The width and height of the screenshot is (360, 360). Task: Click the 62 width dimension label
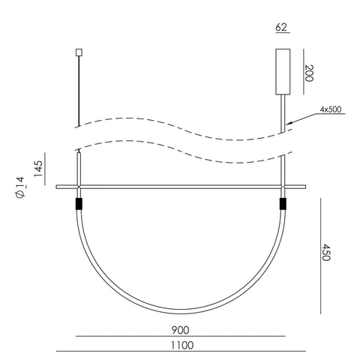[x=281, y=27]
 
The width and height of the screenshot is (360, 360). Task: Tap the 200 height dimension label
[x=309, y=73]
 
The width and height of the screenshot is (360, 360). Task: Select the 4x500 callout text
[x=331, y=109]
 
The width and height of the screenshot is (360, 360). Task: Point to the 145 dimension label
[x=38, y=169]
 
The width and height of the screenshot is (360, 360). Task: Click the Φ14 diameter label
[x=20, y=187]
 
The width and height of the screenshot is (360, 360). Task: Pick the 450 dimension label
[x=325, y=252]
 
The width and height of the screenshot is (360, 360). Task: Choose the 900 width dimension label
[x=180, y=330]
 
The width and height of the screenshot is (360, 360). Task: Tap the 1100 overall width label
[x=182, y=345]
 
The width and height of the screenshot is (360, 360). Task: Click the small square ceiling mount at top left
[x=79, y=52]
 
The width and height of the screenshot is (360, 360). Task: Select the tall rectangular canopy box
[x=283, y=72]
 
